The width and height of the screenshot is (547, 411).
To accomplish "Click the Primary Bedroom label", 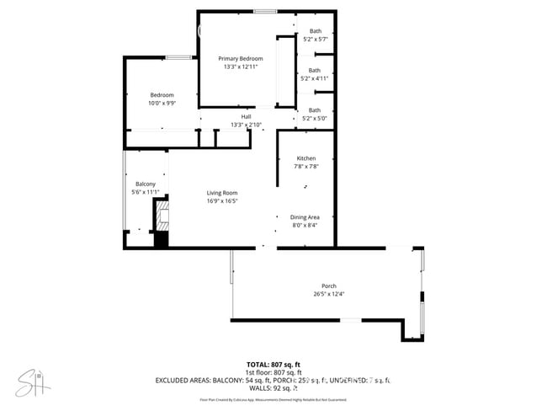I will pos(241,58).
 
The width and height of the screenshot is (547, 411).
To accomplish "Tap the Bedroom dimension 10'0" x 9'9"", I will pos(162,104).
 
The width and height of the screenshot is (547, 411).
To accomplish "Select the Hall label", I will pos(246,116).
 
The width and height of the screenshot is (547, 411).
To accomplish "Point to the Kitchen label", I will pos(305,158).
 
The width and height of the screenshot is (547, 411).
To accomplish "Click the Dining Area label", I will pos(304,216).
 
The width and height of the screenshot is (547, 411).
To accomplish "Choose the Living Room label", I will pos(223,193).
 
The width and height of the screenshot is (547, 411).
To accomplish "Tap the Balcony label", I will pos(146,184).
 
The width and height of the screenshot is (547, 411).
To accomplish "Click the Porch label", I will pos(328,286).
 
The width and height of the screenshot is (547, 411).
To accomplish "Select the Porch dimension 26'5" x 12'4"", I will pos(328,294).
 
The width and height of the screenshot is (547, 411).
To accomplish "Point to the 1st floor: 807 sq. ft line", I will pos(273,372).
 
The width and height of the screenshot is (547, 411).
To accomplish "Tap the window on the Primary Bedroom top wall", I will pos(265,11).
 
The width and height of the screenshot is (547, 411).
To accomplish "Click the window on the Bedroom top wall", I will pos(178,57).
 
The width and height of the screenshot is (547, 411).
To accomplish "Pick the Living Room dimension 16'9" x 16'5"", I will pos(223,201).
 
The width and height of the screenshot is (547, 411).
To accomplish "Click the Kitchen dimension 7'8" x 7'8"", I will pos(305,167).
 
